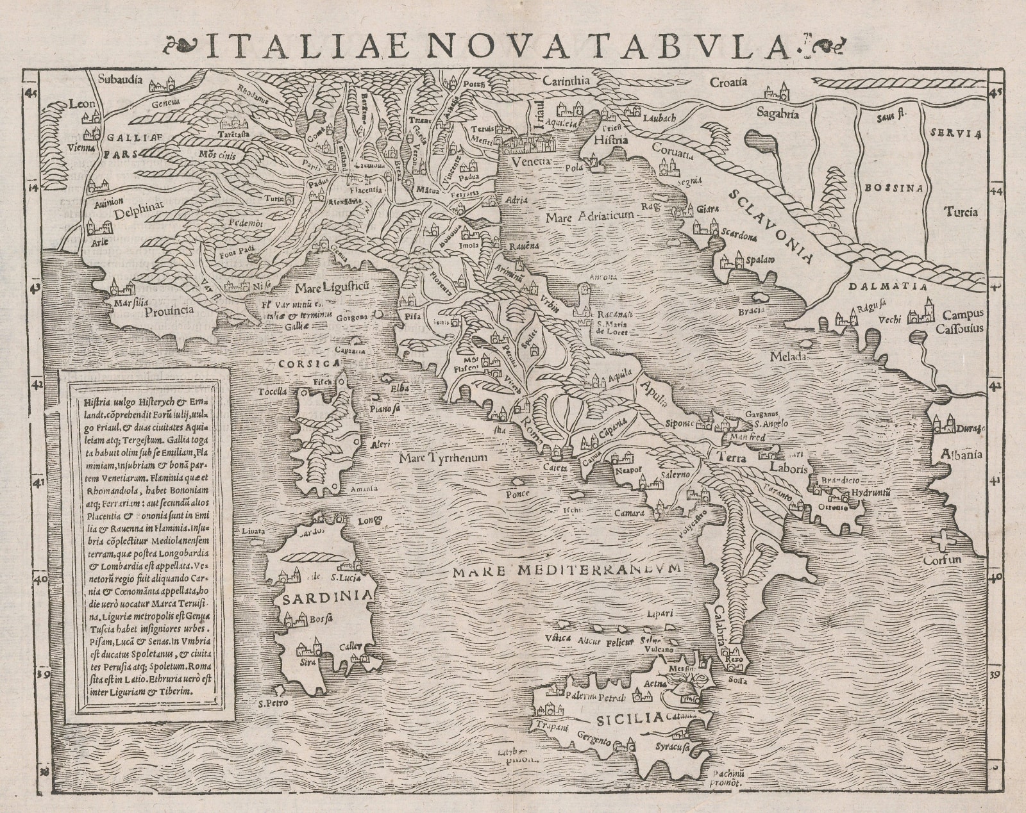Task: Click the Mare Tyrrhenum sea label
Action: click(442, 458)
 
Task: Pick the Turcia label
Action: click(960, 211)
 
